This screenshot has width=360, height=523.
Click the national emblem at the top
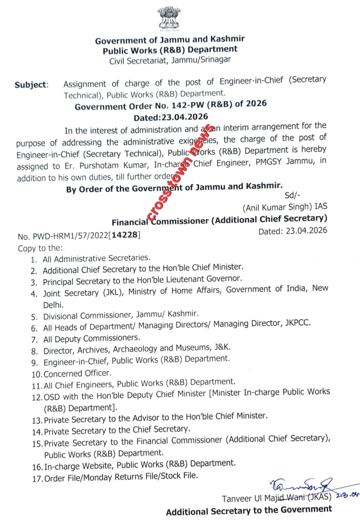coord(169,19)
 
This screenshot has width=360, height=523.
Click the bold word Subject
coord(31,85)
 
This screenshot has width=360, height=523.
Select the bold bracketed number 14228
coord(125,235)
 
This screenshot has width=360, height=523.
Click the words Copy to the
coord(40,248)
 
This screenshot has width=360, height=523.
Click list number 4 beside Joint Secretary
coord(34,294)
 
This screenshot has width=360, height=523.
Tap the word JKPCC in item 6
coord(298,323)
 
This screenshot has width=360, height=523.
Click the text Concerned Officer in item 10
coord(77,373)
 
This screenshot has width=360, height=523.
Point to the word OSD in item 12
coord(52,397)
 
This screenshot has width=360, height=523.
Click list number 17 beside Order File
coord(37,479)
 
